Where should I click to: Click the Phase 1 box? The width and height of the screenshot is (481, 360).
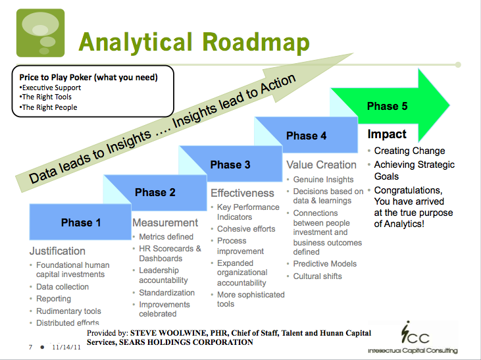tap(81, 222)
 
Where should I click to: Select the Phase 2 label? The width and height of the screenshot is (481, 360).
tap(155, 192)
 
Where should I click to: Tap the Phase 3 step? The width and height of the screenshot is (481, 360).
tap(230, 165)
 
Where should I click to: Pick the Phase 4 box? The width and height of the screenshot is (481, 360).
tap(306, 136)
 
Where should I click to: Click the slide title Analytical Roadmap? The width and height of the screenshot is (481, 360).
tap(194, 42)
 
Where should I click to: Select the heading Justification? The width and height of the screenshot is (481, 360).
tap(57, 251)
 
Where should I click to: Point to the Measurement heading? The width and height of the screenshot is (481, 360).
tap(165, 222)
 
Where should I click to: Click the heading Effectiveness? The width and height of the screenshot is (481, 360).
tap(242, 193)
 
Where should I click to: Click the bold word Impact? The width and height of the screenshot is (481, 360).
tap(387, 134)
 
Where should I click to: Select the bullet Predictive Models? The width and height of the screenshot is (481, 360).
tap(325, 264)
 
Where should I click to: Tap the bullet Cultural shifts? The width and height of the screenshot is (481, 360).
tap(318, 276)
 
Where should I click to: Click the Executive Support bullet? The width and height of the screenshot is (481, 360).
tap(51, 88)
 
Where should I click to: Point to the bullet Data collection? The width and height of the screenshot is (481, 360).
tap(63, 287)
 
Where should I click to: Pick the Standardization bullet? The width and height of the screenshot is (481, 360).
tap(167, 293)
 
